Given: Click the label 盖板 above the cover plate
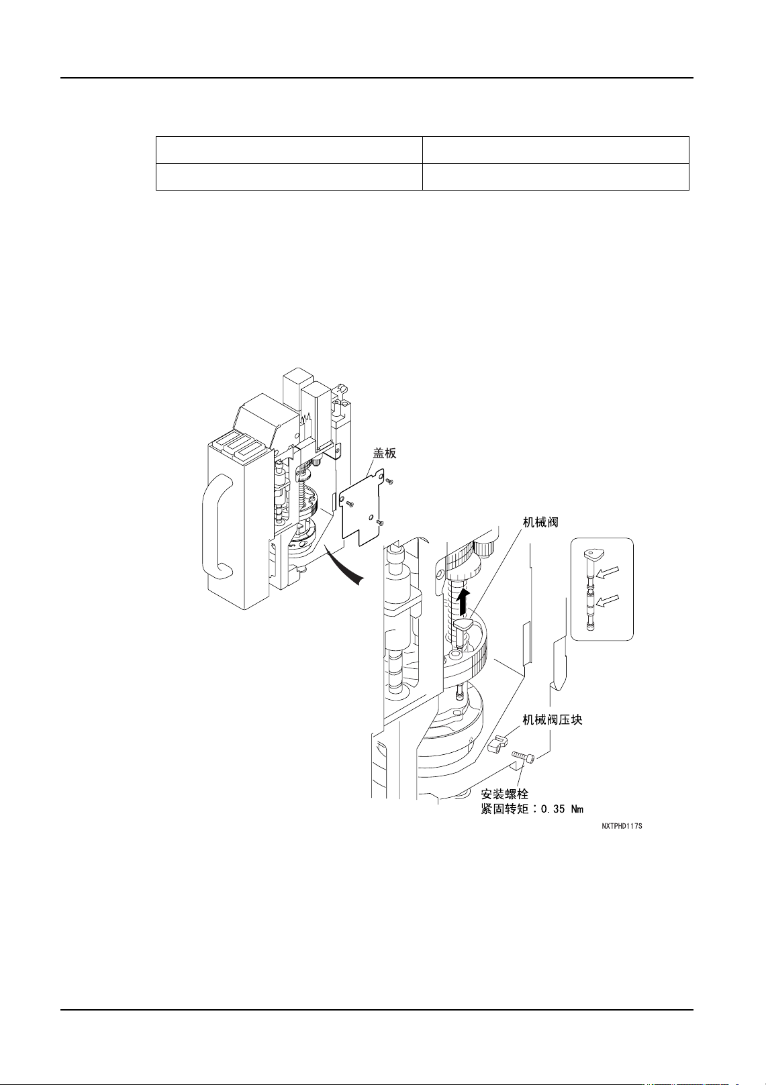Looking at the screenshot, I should click(x=385, y=454).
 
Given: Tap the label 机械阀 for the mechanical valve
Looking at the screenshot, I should click(x=540, y=522).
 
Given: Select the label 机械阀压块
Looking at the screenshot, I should click(x=552, y=720).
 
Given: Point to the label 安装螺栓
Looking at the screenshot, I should click(x=505, y=794).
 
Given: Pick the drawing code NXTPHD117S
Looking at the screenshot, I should click(x=622, y=826).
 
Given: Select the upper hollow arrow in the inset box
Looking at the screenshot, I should click(x=610, y=572).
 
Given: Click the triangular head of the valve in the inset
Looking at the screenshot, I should click(x=592, y=554).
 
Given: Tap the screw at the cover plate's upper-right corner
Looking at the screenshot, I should click(x=391, y=481).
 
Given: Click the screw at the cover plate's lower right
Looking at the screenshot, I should click(x=379, y=523).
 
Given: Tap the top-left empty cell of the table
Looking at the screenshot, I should click(x=289, y=150).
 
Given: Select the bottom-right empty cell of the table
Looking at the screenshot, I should click(x=555, y=176).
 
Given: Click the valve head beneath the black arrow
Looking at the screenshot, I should click(x=464, y=625).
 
